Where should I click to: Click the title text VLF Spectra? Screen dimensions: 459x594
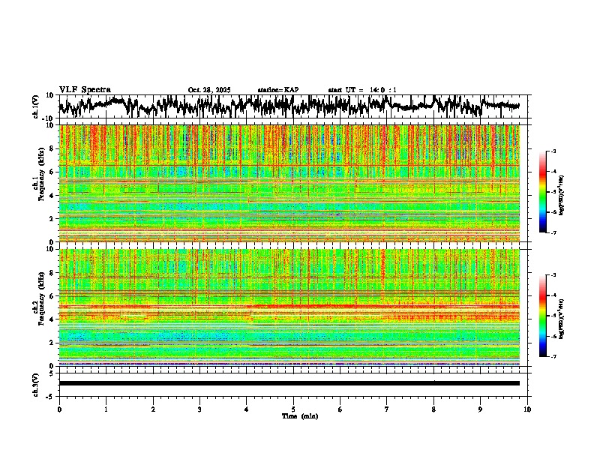(85, 89)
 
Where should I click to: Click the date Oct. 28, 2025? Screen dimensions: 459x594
(209, 90)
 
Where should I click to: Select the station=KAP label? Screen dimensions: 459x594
(277, 90)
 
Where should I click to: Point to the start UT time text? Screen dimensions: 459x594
(362, 90)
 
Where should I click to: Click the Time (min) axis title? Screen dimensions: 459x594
(293, 415)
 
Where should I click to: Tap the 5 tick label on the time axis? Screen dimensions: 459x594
(293, 409)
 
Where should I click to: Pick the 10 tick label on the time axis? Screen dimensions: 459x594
(527, 409)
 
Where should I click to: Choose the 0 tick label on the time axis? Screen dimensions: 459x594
(59, 409)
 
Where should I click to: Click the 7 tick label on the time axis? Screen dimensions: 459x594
(387, 409)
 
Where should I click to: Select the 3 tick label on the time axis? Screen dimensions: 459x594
(199, 409)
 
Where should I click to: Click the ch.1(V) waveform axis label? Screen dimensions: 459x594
(36, 106)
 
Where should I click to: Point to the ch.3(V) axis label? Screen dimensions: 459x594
(36, 383)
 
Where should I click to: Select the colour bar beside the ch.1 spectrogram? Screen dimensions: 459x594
(549, 192)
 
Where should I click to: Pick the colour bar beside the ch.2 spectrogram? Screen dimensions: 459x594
(549, 316)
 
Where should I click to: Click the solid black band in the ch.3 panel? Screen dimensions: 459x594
(289, 383)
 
